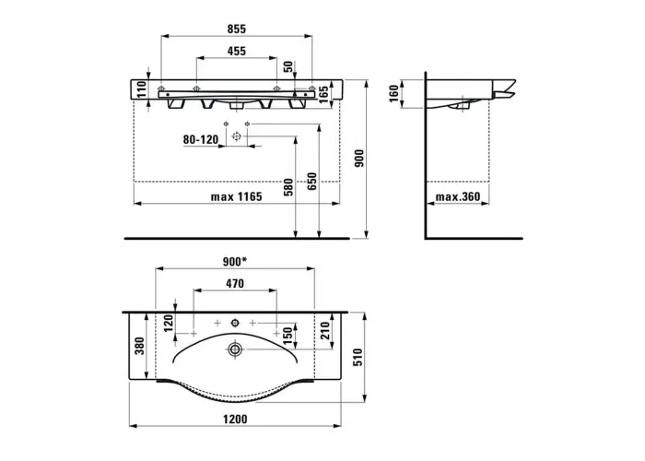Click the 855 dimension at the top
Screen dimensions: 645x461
click(x=237, y=29)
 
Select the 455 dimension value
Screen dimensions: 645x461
click(x=237, y=51)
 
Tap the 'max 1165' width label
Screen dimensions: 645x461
click(x=237, y=196)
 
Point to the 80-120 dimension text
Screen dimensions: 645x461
click(x=201, y=139)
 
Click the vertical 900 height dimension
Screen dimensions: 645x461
click(x=359, y=159)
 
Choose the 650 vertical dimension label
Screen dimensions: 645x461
click(x=311, y=182)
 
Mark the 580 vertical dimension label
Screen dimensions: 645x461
click(x=288, y=187)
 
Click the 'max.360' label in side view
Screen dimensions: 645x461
click(x=458, y=196)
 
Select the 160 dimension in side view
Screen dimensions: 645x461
click(x=394, y=93)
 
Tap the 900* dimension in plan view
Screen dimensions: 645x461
click(x=235, y=261)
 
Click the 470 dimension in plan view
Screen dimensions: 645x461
click(x=235, y=284)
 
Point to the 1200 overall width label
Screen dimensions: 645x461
click(x=235, y=419)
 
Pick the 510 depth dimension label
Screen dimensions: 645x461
click(x=358, y=358)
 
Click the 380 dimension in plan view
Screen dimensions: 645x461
click(x=140, y=346)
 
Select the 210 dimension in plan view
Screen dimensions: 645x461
click(x=325, y=330)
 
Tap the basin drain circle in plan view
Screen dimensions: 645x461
click(x=235, y=349)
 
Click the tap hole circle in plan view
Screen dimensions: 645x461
click(x=235, y=323)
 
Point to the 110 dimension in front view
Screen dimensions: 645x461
click(x=142, y=89)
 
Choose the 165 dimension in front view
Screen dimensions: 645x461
click(x=323, y=94)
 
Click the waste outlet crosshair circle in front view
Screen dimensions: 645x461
click(x=236, y=136)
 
